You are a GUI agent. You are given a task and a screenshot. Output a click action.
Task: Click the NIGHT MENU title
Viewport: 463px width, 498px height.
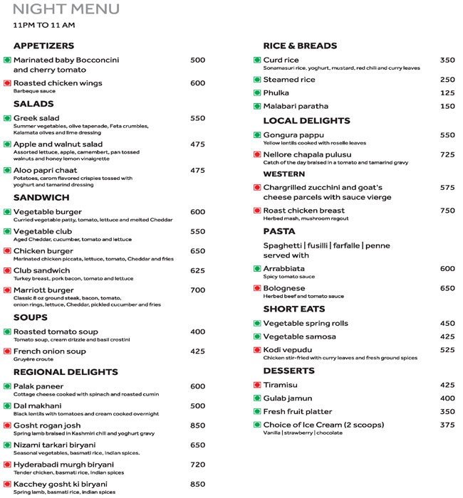[66, 10]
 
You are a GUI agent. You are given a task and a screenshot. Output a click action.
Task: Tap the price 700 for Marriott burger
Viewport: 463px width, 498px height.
[198, 290]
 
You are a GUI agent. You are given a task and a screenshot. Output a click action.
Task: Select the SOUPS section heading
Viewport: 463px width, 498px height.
[31, 317]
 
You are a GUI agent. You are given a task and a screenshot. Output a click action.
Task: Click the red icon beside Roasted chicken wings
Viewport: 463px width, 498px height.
[7, 83]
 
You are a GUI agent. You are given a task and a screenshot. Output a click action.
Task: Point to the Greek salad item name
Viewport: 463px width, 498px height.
[36, 118]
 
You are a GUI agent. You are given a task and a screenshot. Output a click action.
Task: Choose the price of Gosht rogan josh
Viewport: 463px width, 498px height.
[198, 425]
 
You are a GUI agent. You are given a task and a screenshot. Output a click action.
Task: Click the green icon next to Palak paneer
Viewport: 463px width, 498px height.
[7, 386]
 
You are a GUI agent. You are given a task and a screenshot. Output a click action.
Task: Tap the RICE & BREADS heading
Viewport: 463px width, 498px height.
[300, 46]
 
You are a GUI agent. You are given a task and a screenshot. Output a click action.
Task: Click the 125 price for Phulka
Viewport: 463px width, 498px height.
[447, 93]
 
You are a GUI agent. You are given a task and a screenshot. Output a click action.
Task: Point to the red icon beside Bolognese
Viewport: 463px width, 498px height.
[257, 288]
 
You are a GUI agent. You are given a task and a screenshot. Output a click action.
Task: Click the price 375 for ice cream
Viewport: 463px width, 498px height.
[447, 425]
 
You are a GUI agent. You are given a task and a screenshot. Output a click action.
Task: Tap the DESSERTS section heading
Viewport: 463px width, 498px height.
[288, 371]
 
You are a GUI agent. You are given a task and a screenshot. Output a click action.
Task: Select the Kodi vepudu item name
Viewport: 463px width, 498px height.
[288, 350]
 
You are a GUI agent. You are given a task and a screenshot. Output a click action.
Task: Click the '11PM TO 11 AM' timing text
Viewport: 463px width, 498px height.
[44, 26]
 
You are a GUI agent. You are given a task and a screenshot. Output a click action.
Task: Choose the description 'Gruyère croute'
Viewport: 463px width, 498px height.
[34, 359]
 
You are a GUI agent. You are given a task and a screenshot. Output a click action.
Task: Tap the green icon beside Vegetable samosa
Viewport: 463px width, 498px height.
[257, 337]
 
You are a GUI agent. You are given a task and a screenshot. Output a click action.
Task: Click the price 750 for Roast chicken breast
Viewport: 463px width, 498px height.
[447, 211]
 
